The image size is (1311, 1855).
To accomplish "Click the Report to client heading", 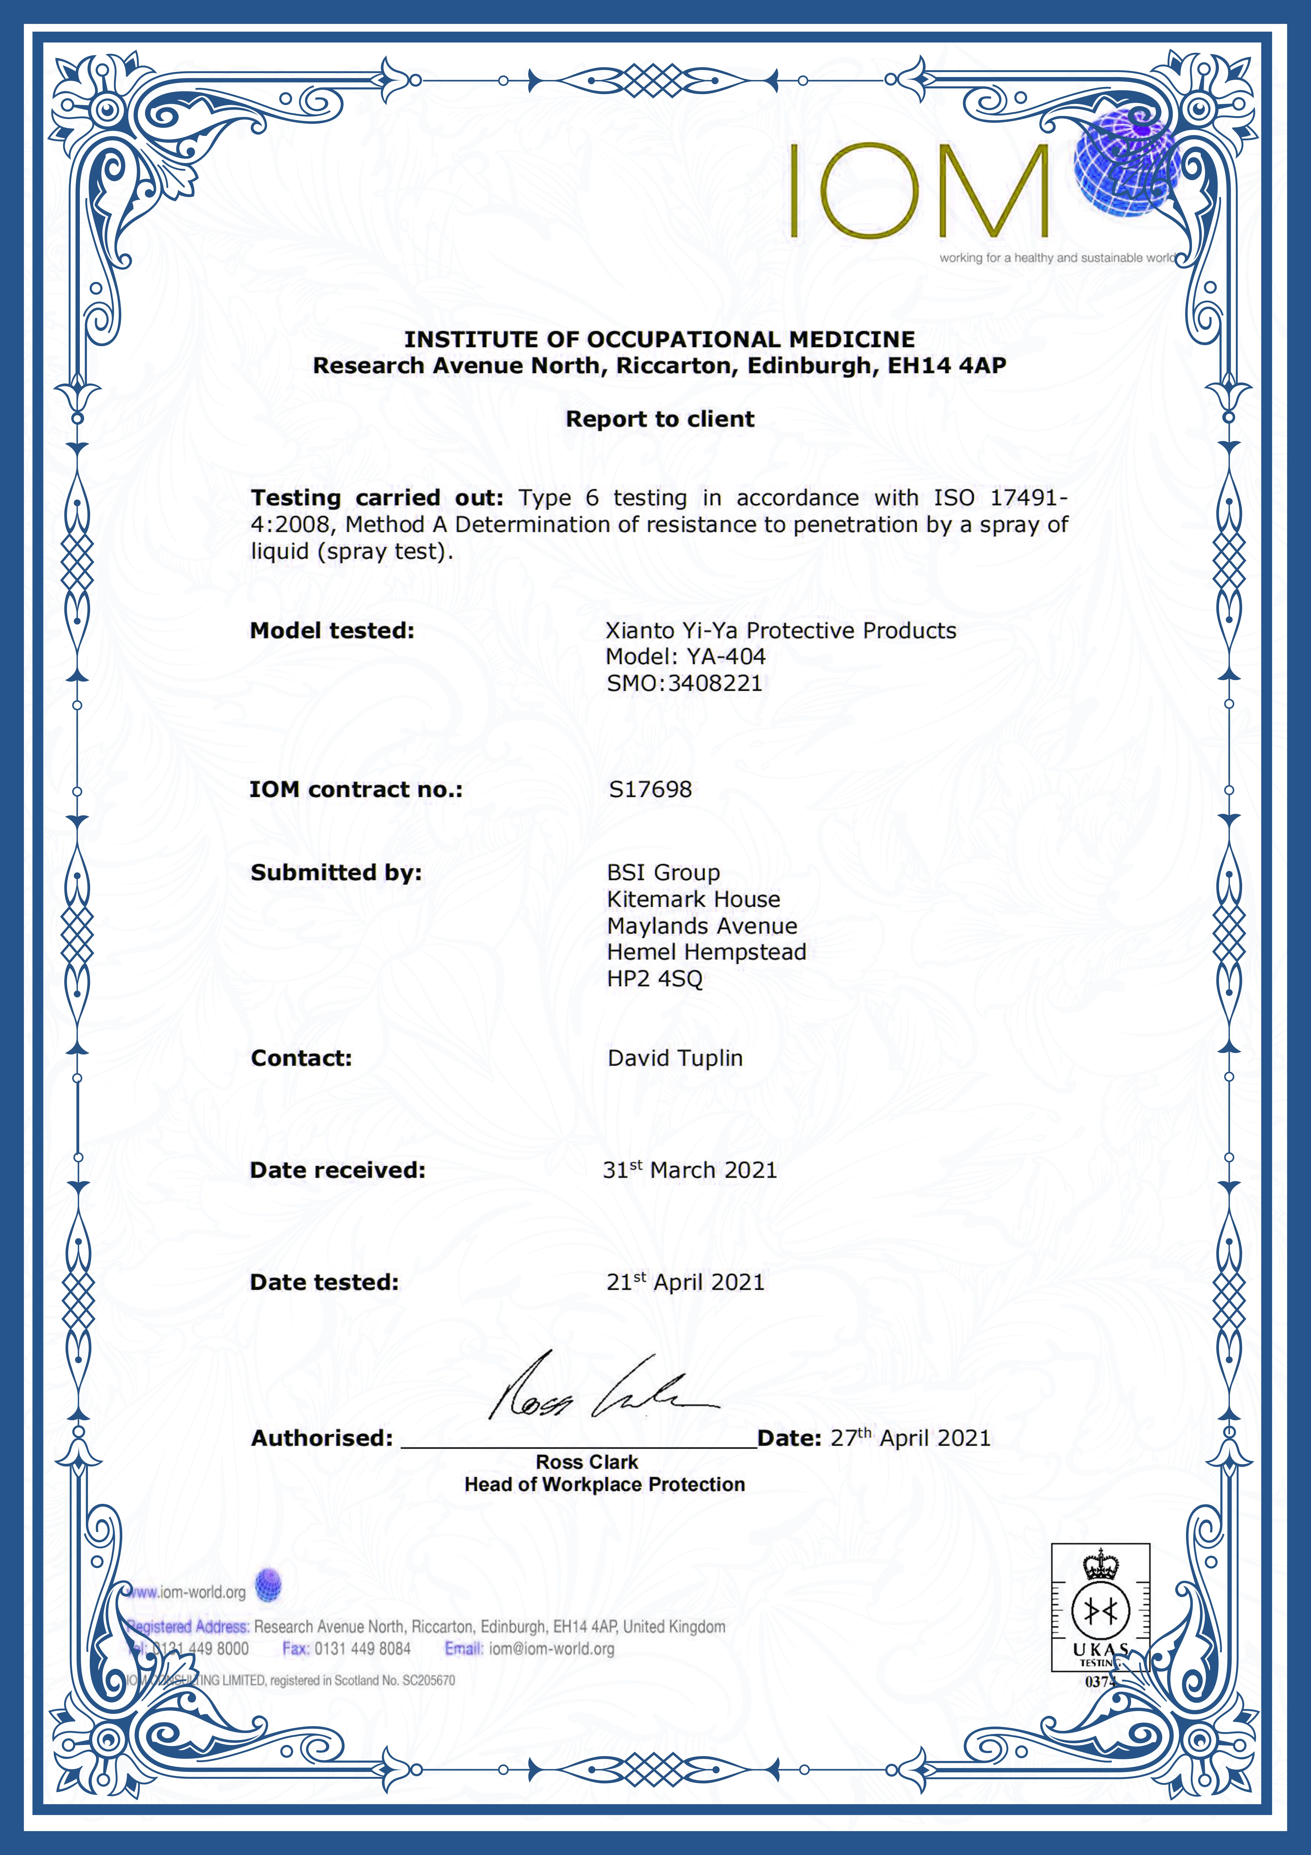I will pyautogui.click(x=660, y=419).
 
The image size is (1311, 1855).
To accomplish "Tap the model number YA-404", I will pyautogui.click(x=725, y=657).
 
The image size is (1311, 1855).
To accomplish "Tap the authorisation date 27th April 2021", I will pyautogui.click(x=910, y=1438).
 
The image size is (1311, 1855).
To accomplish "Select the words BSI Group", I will pyautogui.click(x=663, y=873).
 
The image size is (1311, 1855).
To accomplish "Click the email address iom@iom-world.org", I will pyautogui.click(x=552, y=1648).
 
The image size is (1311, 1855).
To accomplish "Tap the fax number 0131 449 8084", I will pyautogui.click(x=363, y=1648).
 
